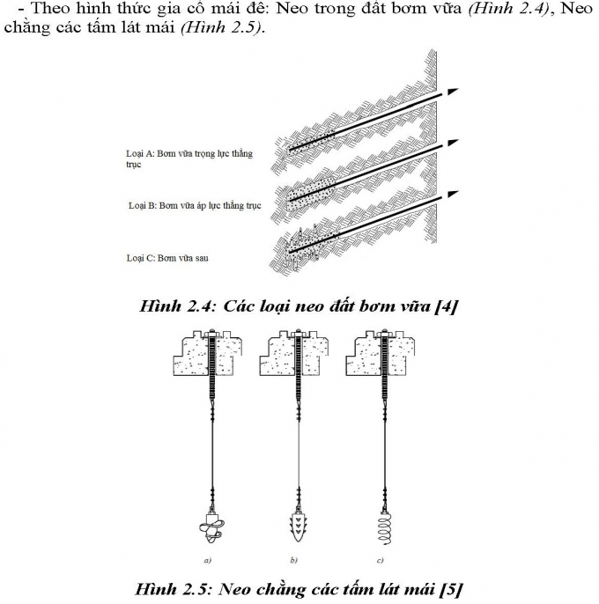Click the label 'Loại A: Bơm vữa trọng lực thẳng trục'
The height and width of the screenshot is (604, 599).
coord(189,158)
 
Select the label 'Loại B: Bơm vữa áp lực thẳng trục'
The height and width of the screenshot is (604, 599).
coord(195,206)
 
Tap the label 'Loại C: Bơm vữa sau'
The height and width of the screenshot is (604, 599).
coord(167,258)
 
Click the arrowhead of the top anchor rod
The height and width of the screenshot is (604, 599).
coord(452,91)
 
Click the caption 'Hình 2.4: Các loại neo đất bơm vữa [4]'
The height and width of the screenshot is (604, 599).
coord(299,306)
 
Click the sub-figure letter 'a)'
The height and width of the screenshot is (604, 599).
coord(206,560)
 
